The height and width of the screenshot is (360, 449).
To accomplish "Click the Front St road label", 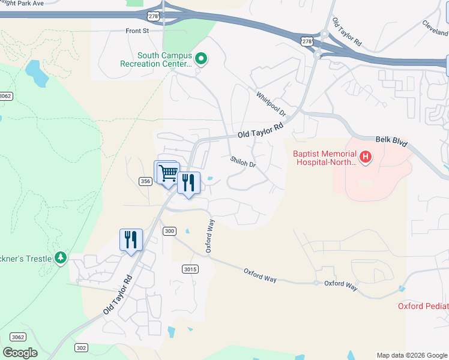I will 137,31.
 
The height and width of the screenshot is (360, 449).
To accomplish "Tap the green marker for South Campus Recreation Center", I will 202,59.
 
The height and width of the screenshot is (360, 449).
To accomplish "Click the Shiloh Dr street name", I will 243,162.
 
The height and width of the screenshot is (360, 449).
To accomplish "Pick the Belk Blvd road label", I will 391,141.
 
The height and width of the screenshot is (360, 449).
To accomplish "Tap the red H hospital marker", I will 365,158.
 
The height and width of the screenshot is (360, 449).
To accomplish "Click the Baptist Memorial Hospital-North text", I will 325,158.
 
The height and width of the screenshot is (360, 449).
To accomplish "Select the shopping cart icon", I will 169,172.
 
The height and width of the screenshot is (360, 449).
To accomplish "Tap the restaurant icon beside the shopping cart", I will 188,182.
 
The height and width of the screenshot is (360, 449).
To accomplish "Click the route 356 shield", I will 145,181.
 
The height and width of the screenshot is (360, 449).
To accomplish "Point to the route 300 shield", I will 169,231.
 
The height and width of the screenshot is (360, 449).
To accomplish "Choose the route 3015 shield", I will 190,269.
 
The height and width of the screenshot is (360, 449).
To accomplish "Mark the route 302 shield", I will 82,347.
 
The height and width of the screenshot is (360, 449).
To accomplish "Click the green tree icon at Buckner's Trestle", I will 60,258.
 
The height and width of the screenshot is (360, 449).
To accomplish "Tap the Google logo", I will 20,352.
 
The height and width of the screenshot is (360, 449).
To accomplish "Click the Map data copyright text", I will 412,355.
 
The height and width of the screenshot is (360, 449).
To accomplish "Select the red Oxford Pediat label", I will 423,307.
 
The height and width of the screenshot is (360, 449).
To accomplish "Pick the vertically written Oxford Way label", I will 210,236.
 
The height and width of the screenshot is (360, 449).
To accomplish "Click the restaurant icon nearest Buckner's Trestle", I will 130,240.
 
